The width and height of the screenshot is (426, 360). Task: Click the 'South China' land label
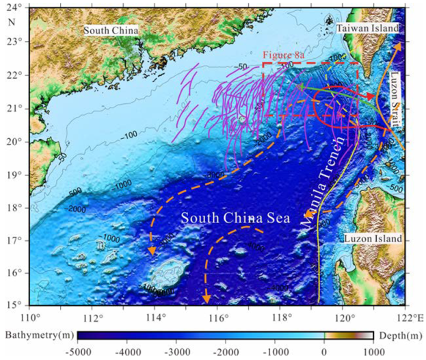(x=111, y=30)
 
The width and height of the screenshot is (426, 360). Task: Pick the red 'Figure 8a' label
(x=283, y=55)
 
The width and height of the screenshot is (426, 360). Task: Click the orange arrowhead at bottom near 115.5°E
(x=206, y=299)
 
